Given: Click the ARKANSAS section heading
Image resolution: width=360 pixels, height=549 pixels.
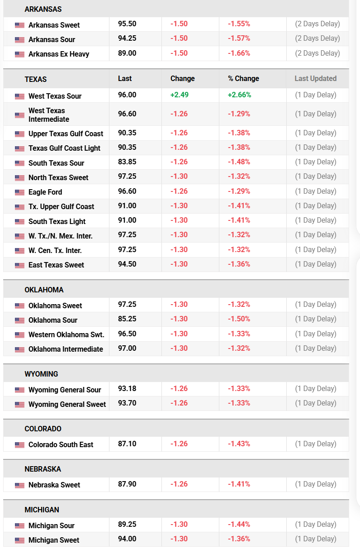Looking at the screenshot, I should pos(43,9).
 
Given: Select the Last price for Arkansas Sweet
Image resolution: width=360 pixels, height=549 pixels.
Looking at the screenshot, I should pos(127,24).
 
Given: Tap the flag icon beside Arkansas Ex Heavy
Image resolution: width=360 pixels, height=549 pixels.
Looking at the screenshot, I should pos(19,54).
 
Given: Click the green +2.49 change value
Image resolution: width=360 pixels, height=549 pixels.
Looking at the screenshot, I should pos(180,95).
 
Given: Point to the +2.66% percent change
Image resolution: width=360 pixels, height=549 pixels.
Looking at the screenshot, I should pos(239,95).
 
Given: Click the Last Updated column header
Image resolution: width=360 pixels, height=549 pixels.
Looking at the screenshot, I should pos(315,78).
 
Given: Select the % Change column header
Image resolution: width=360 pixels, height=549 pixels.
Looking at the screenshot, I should pos(243,78).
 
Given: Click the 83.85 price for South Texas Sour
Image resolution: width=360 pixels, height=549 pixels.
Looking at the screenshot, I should pos(127,162).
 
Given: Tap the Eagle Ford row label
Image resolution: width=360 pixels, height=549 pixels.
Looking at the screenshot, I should pos(45,192).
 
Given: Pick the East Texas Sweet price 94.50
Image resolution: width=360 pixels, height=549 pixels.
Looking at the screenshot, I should pos(127,264).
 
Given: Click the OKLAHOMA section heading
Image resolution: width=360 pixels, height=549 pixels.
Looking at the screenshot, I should pos(44,290).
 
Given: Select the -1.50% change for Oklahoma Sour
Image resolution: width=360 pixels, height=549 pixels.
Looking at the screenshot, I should pos(239,319).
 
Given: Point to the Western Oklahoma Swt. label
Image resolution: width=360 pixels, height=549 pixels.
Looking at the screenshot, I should pos(66,334).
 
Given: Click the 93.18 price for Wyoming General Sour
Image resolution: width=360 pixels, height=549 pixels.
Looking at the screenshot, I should pos(127,388).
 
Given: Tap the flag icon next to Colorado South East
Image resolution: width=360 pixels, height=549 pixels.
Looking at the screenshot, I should pos(19,445).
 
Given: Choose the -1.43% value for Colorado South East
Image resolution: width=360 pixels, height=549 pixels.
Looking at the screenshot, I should pos(239,444).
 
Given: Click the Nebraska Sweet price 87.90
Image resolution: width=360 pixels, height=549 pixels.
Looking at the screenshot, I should pos(127,484).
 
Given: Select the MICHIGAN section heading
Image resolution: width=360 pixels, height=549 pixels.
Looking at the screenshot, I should pos(42,510).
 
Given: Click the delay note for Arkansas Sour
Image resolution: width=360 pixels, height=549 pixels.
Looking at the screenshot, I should pos(317,38).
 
